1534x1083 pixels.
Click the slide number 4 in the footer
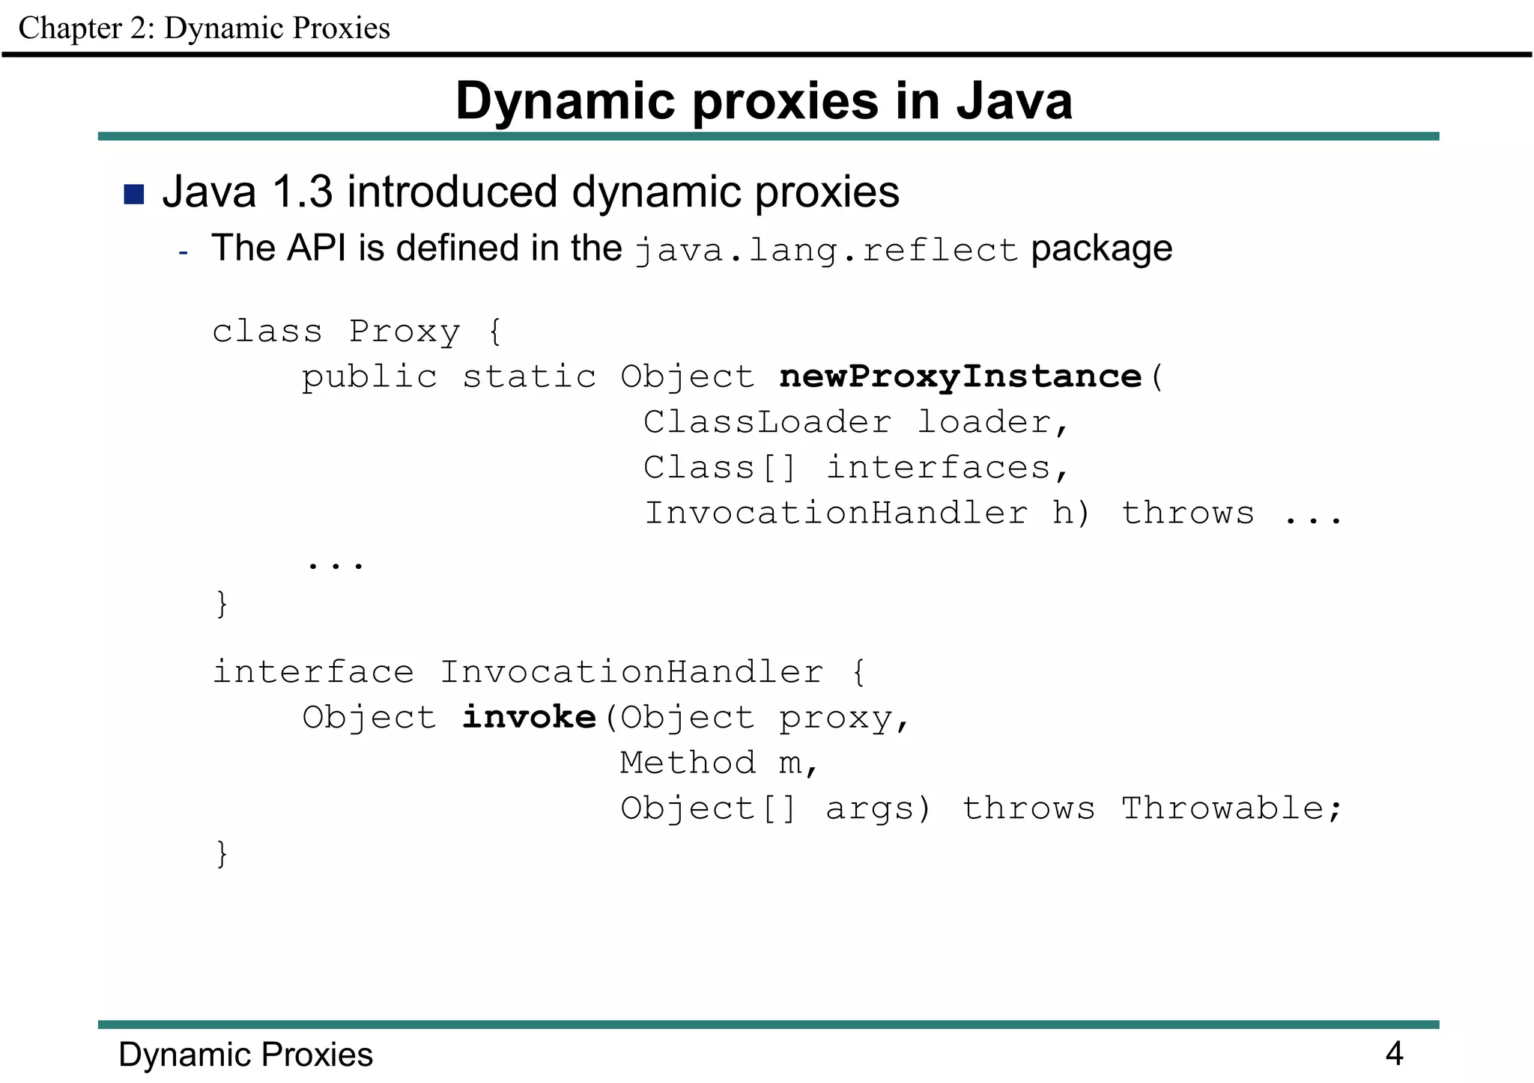[x=1394, y=1054]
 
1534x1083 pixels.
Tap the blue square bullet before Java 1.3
[x=134, y=194]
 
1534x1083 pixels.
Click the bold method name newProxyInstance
[x=960, y=376]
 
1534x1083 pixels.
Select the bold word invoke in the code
[x=529, y=717]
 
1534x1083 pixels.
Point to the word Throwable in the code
[x=1222, y=808]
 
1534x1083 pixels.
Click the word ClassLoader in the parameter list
[x=767, y=422]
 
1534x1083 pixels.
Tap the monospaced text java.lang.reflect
[x=826, y=251]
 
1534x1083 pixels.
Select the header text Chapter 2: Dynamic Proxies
[x=204, y=28]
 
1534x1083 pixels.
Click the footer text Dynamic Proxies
[x=246, y=1055]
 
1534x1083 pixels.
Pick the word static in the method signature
[x=529, y=376]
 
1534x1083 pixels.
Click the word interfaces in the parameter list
[x=938, y=468]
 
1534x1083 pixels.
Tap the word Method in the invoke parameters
[x=688, y=763]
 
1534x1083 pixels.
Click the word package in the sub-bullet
[x=1101, y=248]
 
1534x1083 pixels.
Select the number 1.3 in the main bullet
[x=302, y=192]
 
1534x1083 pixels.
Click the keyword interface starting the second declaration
[x=313, y=672]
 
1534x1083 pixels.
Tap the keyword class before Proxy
[x=267, y=332]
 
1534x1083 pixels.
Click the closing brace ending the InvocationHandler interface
[x=222, y=853]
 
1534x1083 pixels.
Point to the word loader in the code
[x=983, y=422]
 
